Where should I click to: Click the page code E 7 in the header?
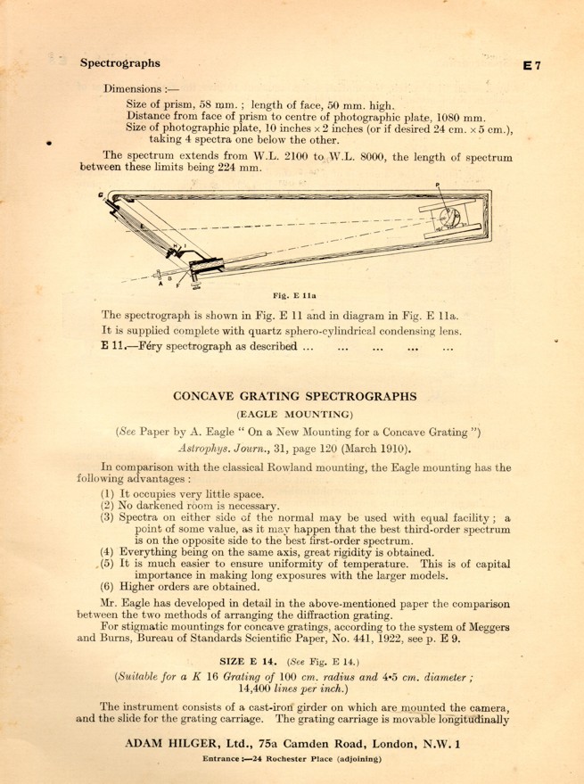pyautogui.click(x=539, y=65)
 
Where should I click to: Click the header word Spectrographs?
pyautogui.click(x=120, y=63)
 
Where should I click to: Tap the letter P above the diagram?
pyautogui.click(x=439, y=185)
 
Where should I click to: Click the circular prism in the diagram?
pyautogui.click(x=450, y=218)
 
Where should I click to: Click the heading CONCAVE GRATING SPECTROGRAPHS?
pyautogui.click(x=294, y=395)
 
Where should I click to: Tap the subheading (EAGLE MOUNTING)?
pyautogui.click(x=294, y=413)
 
